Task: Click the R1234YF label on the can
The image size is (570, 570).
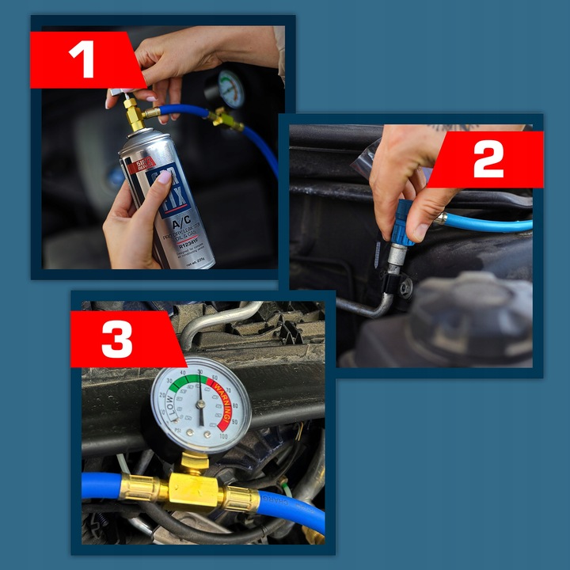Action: tap(188, 246)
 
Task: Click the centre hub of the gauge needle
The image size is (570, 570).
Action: tap(200, 405)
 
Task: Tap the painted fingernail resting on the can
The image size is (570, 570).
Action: tap(164, 177)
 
